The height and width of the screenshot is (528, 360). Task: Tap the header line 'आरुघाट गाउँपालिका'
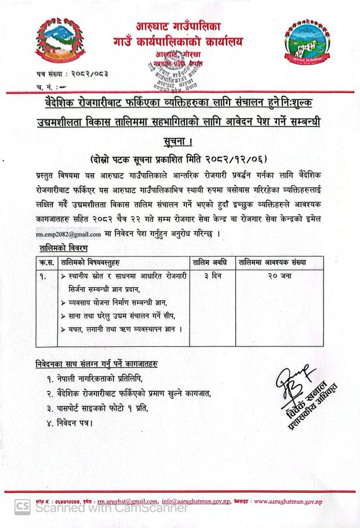pyautogui.click(x=177, y=26)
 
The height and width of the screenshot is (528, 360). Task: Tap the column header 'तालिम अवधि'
pyautogui.click(x=212, y=263)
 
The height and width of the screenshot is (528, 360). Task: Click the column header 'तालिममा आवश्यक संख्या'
pyautogui.click(x=272, y=263)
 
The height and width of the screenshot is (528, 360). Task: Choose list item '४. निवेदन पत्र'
pyautogui.click(x=71, y=422)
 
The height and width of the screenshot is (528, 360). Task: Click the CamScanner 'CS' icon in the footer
pyautogui.click(x=23, y=508)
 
